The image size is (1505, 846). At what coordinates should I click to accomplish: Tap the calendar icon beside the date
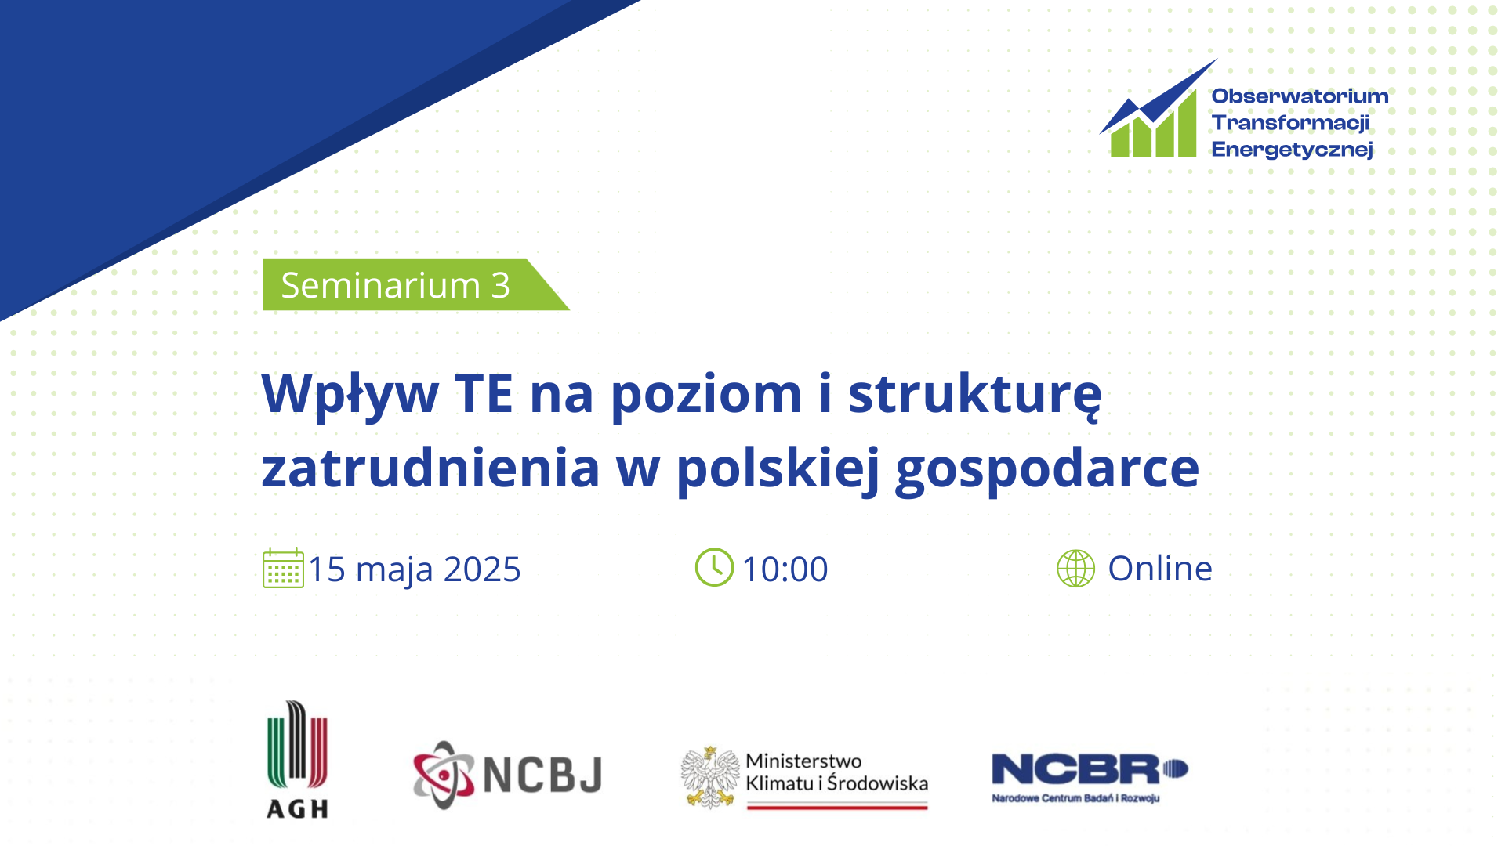[x=283, y=568]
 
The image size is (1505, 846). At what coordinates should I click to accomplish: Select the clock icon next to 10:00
[x=714, y=567]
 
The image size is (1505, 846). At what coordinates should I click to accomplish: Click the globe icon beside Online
[x=1076, y=568]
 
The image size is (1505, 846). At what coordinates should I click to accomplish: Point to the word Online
[x=1160, y=568]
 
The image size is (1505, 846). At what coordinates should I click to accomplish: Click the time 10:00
[x=785, y=569]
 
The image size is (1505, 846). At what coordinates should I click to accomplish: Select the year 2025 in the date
[x=482, y=569]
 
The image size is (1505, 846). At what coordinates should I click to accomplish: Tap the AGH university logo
[x=297, y=759]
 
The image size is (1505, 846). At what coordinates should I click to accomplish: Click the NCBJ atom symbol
[x=444, y=775]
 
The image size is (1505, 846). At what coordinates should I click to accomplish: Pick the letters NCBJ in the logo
[x=542, y=775]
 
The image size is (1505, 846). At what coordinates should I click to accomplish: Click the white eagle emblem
[x=710, y=777]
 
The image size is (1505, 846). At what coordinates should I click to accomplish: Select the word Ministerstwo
[x=803, y=761]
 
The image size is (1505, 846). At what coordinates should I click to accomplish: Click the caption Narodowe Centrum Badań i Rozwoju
[x=1075, y=798]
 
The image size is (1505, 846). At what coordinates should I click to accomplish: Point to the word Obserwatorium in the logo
[x=1300, y=96]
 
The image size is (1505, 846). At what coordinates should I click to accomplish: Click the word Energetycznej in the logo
[x=1292, y=150]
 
